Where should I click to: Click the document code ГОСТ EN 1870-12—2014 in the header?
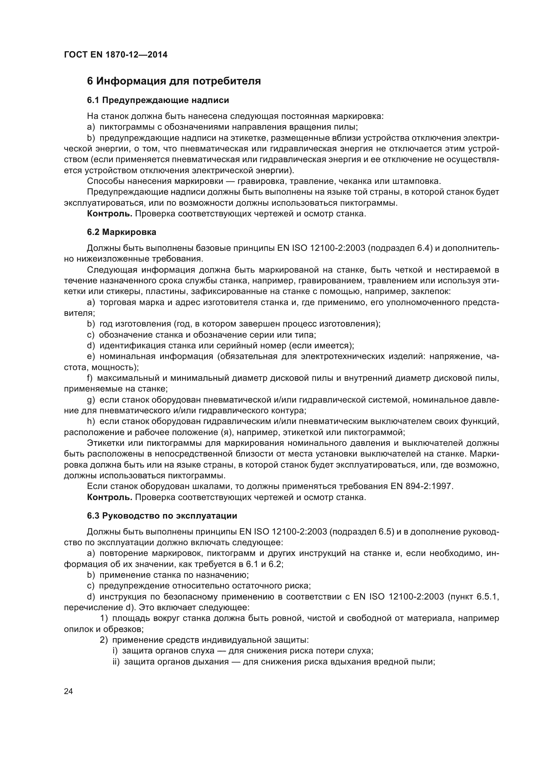pos(115,55)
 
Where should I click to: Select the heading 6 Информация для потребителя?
pos(174,81)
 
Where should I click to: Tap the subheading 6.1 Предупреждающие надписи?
pos(158,100)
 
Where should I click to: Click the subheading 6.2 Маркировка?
pos(122,232)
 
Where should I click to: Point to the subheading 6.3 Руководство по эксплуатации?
pos(162,516)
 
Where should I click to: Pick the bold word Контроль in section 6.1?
pos(109,213)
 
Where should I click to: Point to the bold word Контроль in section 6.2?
pos(109,497)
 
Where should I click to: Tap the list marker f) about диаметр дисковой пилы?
pos(90,378)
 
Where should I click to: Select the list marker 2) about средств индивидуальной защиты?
pos(104,640)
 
